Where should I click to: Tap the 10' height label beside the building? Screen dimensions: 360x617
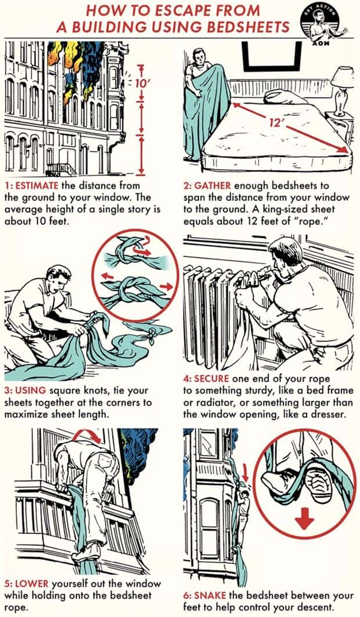pyautogui.click(x=141, y=83)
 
